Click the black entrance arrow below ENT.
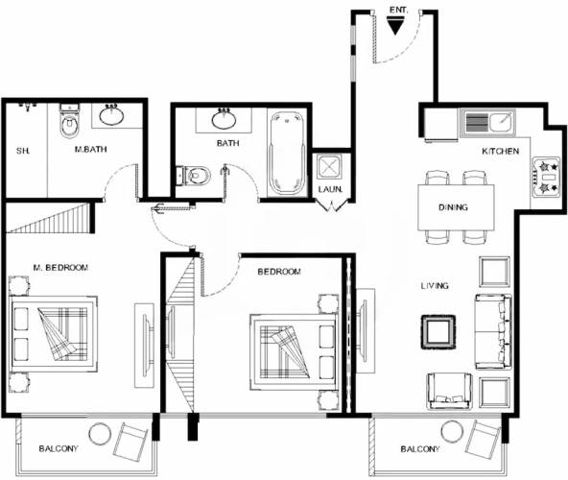point(395,27)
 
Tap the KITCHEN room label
point(500,151)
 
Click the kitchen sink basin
point(502,122)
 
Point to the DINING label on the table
point(453,207)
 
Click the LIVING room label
point(435,286)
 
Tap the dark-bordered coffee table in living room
point(438,332)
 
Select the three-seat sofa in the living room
point(493,332)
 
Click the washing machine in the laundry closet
point(329,167)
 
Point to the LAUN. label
point(330,189)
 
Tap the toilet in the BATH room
point(194,176)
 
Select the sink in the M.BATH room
point(111,115)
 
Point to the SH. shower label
point(23,151)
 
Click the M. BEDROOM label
point(60,268)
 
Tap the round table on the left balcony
point(101,434)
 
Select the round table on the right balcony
point(453,431)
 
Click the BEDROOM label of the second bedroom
point(279,272)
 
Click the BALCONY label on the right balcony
point(420,449)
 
